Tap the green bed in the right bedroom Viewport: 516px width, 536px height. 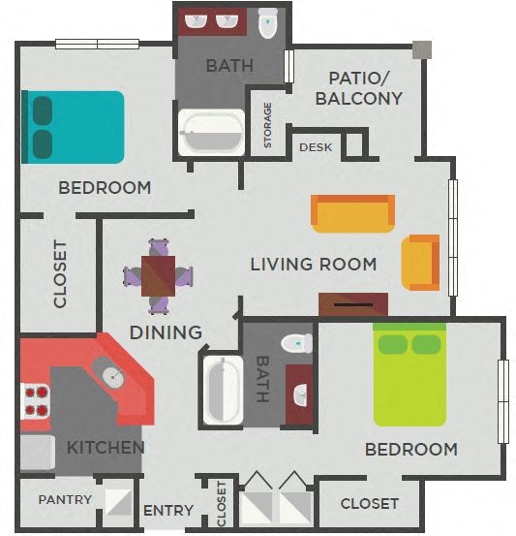(410, 374)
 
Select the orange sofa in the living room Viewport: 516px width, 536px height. (353, 214)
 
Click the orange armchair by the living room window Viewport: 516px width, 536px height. (421, 263)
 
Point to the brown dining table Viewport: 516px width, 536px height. (158, 275)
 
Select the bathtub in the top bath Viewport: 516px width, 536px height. (212, 133)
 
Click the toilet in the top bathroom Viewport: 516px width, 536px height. (268, 23)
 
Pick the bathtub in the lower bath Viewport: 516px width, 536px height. (222, 391)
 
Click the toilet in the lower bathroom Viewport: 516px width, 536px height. (295, 343)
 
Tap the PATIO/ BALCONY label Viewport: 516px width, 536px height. (365, 87)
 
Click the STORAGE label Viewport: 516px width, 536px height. (268, 126)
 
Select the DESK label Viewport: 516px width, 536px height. (316, 147)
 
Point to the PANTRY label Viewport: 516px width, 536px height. (65, 500)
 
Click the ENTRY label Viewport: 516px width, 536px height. (168, 511)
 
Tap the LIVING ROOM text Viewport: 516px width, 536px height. (313, 264)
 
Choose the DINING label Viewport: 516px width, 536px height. (166, 332)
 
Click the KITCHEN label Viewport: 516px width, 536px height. (106, 448)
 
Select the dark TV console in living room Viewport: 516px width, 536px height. (353, 304)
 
